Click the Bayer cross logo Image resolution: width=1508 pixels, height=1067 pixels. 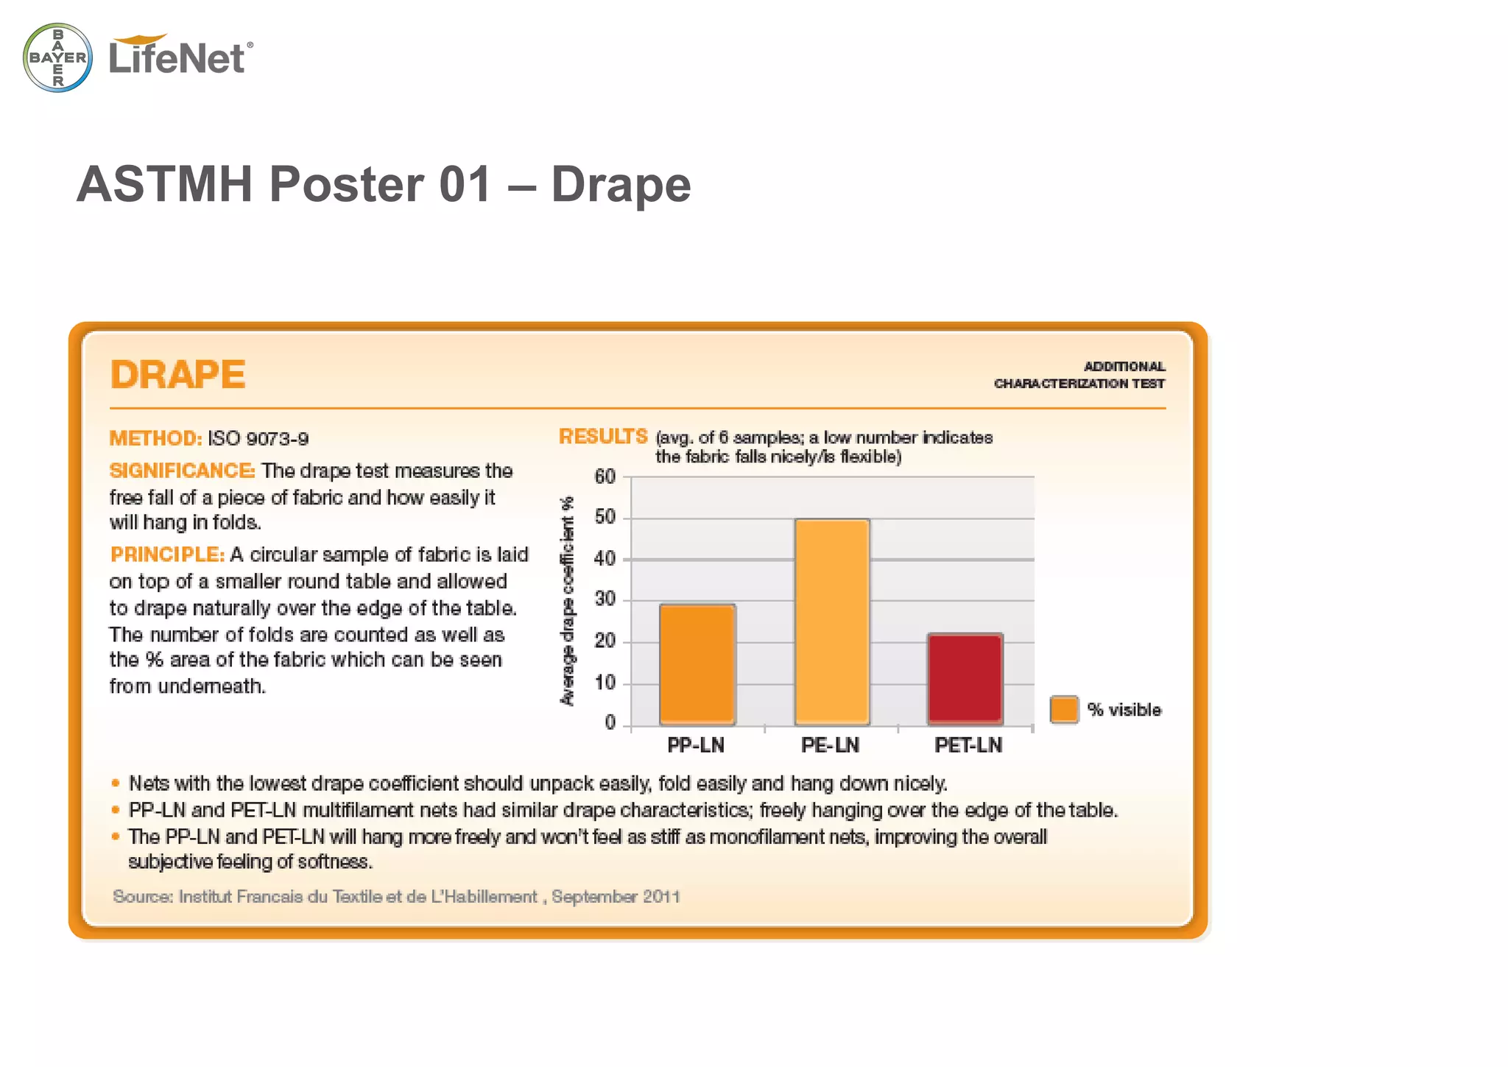click(57, 57)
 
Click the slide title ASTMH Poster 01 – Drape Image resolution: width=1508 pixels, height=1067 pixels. click(384, 184)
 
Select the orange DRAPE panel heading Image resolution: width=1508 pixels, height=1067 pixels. click(177, 374)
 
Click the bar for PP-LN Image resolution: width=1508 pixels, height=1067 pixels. click(697, 664)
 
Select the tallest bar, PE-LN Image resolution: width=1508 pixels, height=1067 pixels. click(832, 621)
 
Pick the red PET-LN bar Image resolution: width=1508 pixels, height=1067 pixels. click(965, 678)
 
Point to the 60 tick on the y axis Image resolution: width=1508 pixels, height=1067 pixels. click(605, 476)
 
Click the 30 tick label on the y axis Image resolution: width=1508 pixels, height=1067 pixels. click(605, 599)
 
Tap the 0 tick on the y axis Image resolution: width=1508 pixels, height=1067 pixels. click(610, 723)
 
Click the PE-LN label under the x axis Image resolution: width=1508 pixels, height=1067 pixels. click(830, 745)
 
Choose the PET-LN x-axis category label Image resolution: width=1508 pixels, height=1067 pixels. click(968, 745)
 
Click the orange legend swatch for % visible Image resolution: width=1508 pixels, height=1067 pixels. click(1064, 710)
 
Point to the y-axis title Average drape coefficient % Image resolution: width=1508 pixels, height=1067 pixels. click(567, 601)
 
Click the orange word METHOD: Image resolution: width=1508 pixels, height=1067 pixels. click(155, 438)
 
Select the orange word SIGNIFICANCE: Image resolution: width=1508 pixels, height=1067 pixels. click(182, 471)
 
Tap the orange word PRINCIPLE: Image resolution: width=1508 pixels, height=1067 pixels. click(167, 554)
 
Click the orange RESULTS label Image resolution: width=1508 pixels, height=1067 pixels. click(603, 437)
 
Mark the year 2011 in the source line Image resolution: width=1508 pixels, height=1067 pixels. click(660, 896)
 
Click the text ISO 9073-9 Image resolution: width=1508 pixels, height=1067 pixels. click(258, 439)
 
